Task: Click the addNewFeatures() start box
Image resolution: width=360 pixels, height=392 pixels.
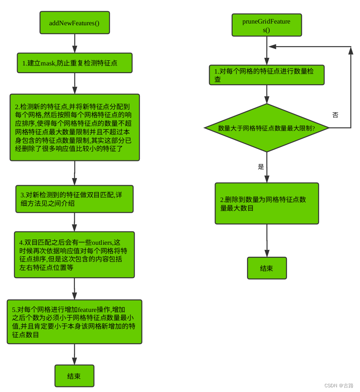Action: click(75, 23)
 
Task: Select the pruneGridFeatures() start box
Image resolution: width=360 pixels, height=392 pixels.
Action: click(266, 25)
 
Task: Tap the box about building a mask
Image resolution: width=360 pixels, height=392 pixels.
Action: click(74, 63)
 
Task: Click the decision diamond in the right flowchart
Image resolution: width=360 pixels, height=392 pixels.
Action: click(266, 128)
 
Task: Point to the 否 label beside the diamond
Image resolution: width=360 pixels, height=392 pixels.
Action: click(335, 115)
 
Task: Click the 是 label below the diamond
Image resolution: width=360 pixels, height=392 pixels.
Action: click(261, 167)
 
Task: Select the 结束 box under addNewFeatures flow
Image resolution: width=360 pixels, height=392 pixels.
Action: click(74, 376)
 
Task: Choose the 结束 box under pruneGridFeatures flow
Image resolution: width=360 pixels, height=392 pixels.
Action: click(266, 268)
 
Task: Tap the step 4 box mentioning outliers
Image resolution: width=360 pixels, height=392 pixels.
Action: click(74, 255)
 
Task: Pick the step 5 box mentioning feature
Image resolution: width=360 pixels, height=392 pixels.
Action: click(74, 322)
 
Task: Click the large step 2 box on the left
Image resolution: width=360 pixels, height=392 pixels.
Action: click(75, 128)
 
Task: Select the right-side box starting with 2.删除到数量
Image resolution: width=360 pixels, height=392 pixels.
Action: click(266, 204)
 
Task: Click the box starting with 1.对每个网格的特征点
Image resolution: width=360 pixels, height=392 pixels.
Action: click(266, 75)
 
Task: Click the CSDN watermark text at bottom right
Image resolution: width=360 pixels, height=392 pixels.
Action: click(339, 386)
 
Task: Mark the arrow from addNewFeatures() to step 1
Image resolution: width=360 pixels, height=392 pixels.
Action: click(75, 43)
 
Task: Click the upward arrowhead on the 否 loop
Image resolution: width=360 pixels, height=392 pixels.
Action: click(351, 50)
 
